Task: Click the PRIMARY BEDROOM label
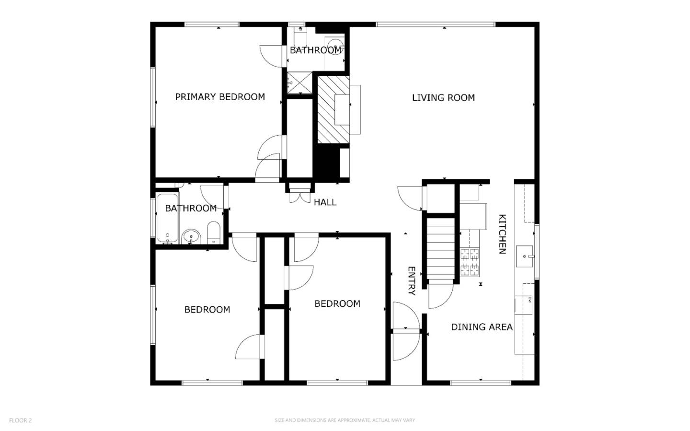click(x=220, y=97)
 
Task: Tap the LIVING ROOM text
click(x=443, y=98)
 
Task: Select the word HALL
click(x=325, y=202)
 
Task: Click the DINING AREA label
click(x=482, y=327)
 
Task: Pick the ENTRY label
click(x=411, y=281)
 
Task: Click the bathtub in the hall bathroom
click(x=167, y=218)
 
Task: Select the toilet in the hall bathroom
click(x=213, y=233)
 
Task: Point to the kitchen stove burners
click(x=470, y=262)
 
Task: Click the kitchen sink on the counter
click(x=525, y=256)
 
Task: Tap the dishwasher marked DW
click(x=524, y=304)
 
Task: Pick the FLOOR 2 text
click(x=21, y=420)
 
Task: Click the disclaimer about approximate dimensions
click(x=345, y=420)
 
